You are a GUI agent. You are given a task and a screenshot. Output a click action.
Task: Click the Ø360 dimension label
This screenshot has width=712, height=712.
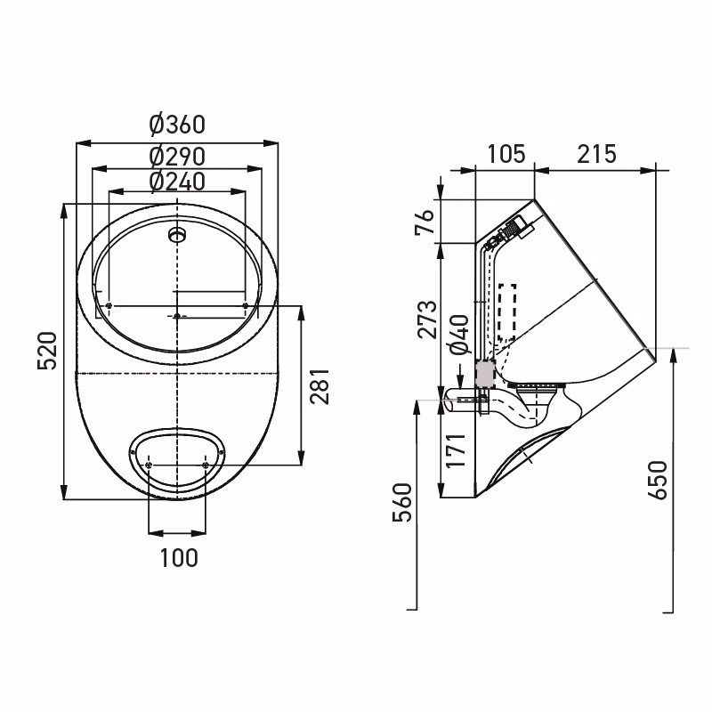click(x=177, y=125)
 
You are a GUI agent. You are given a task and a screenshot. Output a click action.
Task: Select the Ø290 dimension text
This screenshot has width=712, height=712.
click(x=177, y=157)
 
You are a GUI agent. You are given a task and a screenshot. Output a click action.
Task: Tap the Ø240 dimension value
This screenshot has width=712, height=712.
click(x=177, y=182)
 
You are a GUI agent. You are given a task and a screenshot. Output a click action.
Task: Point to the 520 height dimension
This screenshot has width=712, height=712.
click(x=48, y=350)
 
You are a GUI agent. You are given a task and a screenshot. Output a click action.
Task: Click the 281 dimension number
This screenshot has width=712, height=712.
click(x=320, y=386)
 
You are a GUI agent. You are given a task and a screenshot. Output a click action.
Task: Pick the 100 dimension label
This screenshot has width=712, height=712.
click(x=179, y=558)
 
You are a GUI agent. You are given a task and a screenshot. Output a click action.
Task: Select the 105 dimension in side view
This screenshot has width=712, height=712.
click(x=506, y=154)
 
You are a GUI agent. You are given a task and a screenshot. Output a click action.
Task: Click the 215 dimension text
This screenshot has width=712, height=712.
click(x=596, y=154)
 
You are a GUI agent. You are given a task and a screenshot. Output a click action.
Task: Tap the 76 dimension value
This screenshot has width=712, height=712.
click(x=425, y=222)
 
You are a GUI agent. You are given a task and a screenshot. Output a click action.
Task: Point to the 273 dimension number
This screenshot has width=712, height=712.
click(x=427, y=320)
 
